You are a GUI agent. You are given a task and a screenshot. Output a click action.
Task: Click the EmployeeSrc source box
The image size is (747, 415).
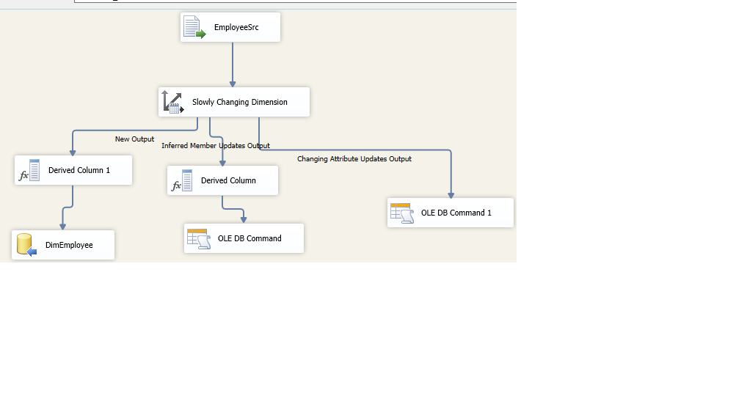pos(230,27)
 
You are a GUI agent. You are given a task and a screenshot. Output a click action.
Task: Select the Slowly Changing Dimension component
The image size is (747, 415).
pos(234,102)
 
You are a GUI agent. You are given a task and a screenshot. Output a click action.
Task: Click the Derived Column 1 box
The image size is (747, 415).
pos(73,170)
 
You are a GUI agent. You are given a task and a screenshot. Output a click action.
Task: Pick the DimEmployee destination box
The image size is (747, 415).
pos(63,245)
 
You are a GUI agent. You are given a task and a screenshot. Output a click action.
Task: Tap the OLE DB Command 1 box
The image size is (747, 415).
pos(451,213)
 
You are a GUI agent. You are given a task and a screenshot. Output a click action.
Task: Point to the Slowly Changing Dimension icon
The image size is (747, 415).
pos(172,102)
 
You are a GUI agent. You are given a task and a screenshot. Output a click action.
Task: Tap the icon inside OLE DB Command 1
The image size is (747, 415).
pos(402,213)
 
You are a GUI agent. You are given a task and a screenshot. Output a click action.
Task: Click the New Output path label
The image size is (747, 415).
pos(134,139)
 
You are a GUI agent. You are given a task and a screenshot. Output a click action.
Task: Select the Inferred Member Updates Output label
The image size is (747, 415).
pos(216,146)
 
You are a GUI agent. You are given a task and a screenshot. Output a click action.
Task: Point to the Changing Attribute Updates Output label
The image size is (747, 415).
pos(354,159)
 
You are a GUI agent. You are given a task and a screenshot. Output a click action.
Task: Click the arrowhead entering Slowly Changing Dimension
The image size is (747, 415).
pos(233,84)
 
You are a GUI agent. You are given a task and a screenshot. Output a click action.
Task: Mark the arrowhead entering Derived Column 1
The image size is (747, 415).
pos(73,152)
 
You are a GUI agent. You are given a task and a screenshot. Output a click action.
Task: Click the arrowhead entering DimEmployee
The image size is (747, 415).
pos(62,227)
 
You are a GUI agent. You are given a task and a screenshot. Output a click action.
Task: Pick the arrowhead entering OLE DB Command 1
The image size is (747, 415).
pos(451,195)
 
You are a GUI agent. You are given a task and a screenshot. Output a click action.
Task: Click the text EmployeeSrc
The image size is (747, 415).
pos(236,28)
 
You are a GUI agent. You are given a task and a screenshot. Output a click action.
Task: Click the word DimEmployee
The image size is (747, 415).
pos(69,246)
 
